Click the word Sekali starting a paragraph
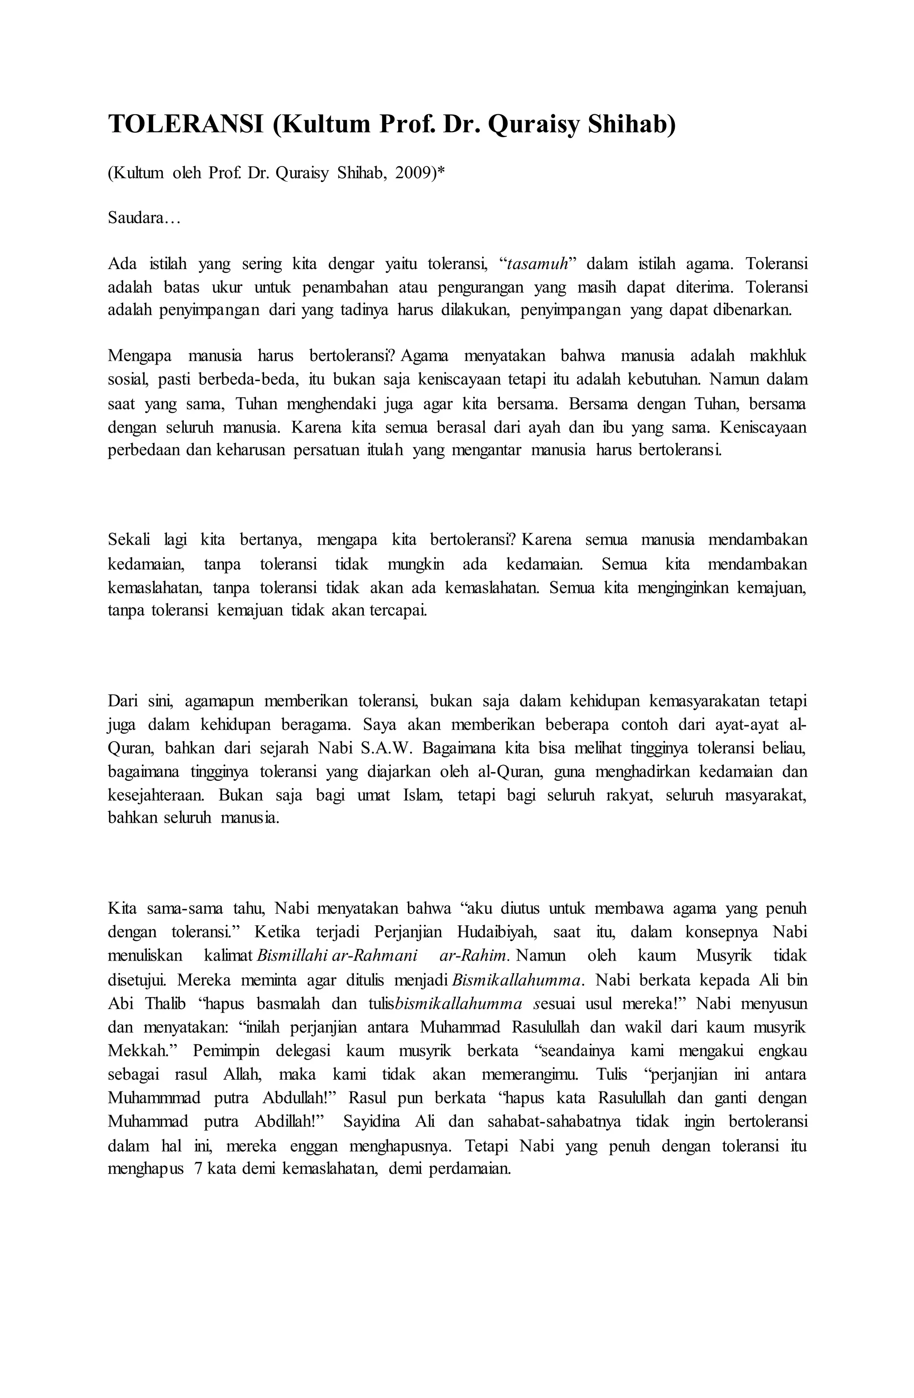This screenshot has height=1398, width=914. pos(129,539)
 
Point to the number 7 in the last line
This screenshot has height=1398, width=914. pos(198,1169)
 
